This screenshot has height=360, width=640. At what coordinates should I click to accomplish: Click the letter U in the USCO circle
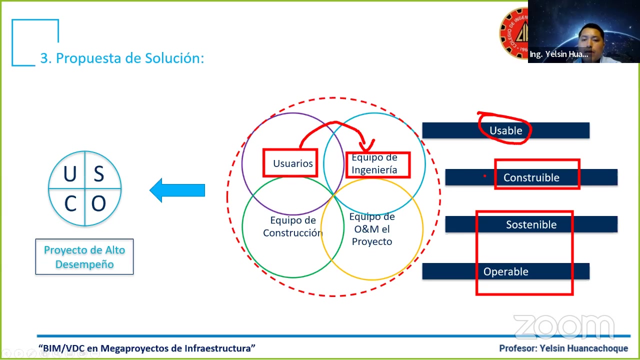click(x=70, y=173)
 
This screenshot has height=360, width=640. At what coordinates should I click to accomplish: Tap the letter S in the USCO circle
click(x=99, y=173)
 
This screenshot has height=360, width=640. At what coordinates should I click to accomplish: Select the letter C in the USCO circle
click(x=70, y=203)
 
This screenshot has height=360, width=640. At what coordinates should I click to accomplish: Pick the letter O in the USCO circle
click(x=98, y=203)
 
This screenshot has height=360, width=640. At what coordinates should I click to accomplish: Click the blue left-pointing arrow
click(x=177, y=190)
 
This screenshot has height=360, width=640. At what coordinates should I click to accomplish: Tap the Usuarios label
click(x=293, y=163)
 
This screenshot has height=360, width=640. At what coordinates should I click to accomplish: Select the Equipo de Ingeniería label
click(x=374, y=163)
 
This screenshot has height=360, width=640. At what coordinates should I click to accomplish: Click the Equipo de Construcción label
click(x=293, y=226)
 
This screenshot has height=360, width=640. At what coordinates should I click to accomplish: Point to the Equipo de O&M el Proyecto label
click(x=372, y=229)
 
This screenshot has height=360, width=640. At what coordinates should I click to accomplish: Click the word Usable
click(x=505, y=130)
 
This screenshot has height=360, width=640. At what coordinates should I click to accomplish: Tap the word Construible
click(x=531, y=177)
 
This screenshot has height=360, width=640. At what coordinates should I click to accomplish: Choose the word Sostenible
click(x=531, y=224)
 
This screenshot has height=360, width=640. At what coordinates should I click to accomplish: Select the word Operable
click(x=505, y=271)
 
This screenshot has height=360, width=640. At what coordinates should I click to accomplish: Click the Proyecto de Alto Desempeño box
click(x=84, y=256)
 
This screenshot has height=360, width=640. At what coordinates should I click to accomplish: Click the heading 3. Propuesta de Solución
click(x=122, y=58)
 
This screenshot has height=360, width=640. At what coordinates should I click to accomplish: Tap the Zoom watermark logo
click(x=564, y=327)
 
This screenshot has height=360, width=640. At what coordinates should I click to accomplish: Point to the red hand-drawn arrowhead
click(x=366, y=145)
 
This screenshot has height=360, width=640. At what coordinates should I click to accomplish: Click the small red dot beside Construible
click(x=484, y=176)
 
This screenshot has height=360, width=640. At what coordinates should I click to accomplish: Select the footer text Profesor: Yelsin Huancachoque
click(x=563, y=348)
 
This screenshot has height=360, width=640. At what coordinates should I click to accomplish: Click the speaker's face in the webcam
click(x=590, y=40)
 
